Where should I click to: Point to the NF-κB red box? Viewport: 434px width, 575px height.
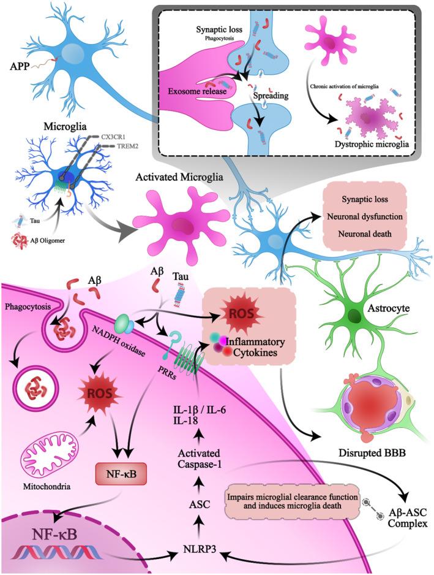pyautogui.click(x=123, y=475)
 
